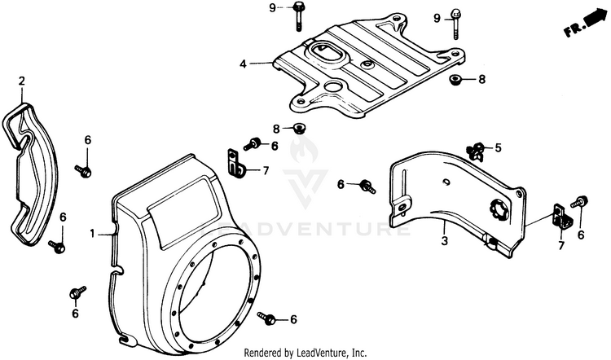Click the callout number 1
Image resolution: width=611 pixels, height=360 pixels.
(x=94, y=234)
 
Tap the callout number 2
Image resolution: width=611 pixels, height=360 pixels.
(x=22, y=80)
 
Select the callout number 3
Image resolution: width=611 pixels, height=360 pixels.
(x=444, y=242)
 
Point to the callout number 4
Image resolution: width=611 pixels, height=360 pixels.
(x=244, y=62)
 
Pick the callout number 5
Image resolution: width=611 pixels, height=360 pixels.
(x=499, y=148)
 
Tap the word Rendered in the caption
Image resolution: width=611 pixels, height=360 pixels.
(x=269, y=352)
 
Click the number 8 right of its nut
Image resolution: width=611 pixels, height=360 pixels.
(x=481, y=79)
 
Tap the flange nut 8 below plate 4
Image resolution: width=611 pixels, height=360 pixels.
(x=300, y=128)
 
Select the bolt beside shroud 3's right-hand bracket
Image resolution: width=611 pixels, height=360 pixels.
(x=582, y=202)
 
